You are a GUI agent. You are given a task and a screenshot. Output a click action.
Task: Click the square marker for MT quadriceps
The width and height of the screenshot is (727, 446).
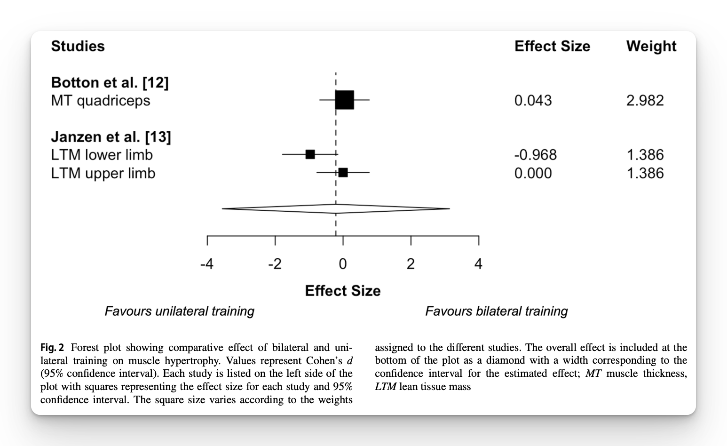344,100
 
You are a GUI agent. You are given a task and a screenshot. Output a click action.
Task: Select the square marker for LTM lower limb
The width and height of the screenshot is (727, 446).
310,154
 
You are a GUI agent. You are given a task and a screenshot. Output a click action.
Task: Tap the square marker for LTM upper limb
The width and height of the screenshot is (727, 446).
343,173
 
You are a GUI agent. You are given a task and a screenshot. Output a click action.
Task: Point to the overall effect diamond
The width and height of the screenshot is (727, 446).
336,208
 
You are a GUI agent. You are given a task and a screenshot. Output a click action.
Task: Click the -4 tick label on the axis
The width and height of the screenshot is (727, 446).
206,264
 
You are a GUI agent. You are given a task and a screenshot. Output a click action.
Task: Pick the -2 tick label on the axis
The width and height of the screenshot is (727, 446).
275,264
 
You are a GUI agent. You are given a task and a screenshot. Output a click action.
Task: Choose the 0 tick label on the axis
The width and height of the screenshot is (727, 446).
343,264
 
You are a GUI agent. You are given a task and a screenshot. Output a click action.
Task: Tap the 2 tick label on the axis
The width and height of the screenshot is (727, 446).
411,264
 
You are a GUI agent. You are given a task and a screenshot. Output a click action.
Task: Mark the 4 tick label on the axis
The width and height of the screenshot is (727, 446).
478,264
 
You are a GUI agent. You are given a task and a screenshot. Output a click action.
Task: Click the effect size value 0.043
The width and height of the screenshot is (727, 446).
533,101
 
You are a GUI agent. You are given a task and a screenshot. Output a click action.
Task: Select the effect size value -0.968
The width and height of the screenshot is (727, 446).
535,155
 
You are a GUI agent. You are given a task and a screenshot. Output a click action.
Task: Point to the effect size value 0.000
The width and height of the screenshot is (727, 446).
533,173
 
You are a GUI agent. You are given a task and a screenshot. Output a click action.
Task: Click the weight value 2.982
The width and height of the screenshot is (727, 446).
645,101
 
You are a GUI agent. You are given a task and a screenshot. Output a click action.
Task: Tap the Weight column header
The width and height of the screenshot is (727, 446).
651,46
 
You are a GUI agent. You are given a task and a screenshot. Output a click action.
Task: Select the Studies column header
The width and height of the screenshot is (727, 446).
78,46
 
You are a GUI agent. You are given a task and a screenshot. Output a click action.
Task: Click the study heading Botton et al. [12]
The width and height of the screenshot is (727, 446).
110,82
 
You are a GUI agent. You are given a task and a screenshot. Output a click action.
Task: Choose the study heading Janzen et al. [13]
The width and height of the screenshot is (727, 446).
111,137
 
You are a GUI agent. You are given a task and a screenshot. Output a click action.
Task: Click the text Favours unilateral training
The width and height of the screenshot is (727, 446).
179,311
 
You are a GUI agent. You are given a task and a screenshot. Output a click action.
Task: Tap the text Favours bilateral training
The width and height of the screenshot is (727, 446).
496,311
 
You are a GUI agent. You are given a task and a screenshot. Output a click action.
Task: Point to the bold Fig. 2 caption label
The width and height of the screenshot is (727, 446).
52,348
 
